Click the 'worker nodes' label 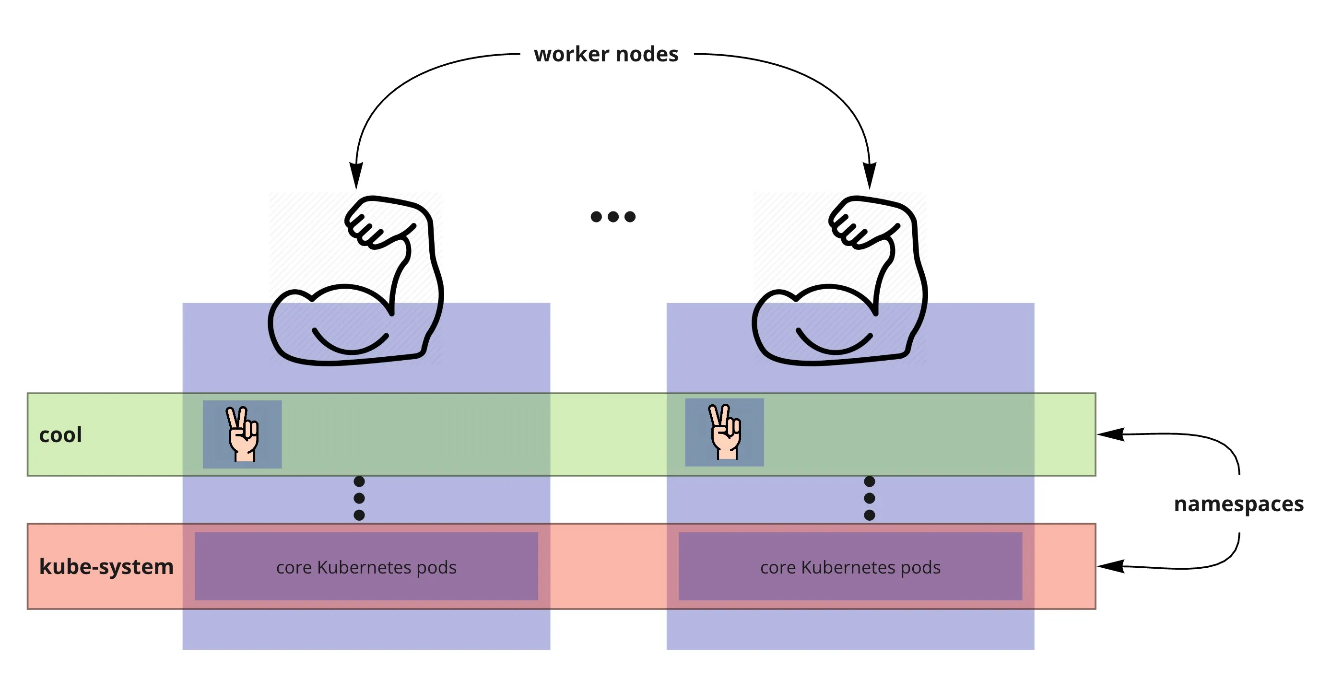(606, 54)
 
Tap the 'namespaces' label (1238, 504)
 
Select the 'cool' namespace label (60, 435)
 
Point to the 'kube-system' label (106, 566)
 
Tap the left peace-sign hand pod (242, 434)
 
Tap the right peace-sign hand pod (724, 432)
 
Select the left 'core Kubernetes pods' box (366, 566)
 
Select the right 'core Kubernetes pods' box (850, 566)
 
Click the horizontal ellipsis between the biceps (613, 216)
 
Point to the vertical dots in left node (359, 498)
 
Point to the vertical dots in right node (870, 498)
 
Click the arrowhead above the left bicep (356, 176)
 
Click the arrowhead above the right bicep (870, 176)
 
